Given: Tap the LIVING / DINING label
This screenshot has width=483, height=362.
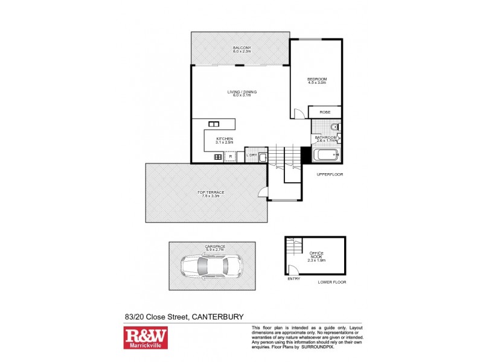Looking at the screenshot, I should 241,92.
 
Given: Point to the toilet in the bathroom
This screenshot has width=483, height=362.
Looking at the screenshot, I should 334,127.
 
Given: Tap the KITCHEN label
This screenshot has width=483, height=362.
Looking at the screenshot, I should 225,139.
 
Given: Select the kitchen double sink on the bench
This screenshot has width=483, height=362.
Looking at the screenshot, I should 213,124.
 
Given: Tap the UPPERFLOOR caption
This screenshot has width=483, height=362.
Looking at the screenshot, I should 330,175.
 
